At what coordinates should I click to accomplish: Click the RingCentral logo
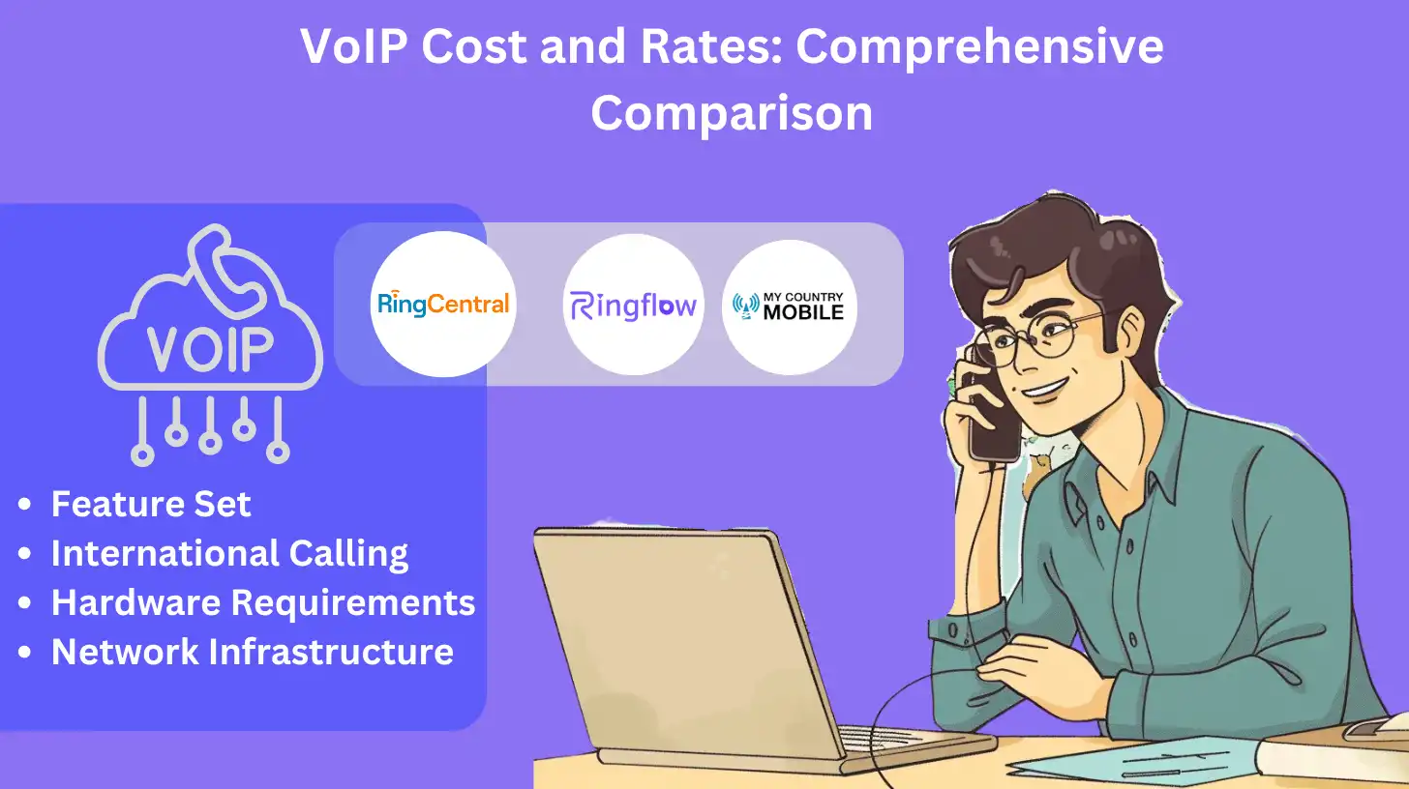pyautogui.click(x=443, y=305)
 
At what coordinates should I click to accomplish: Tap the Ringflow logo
pyautogui.click(x=633, y=307)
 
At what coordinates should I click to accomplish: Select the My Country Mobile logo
pyautogui.click(x=789, y=307)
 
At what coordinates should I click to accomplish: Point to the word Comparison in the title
pyautogui.click(x=732, y=113)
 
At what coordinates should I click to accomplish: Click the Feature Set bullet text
pyautogui.click(x=151, y=504)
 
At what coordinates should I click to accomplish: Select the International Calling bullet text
pyautogui.click(x=229, y=553)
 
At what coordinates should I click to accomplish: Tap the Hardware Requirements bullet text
pyautogui.click(x=262, y=602)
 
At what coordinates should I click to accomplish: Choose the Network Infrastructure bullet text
pyautogui.click(x=252, y=652)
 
